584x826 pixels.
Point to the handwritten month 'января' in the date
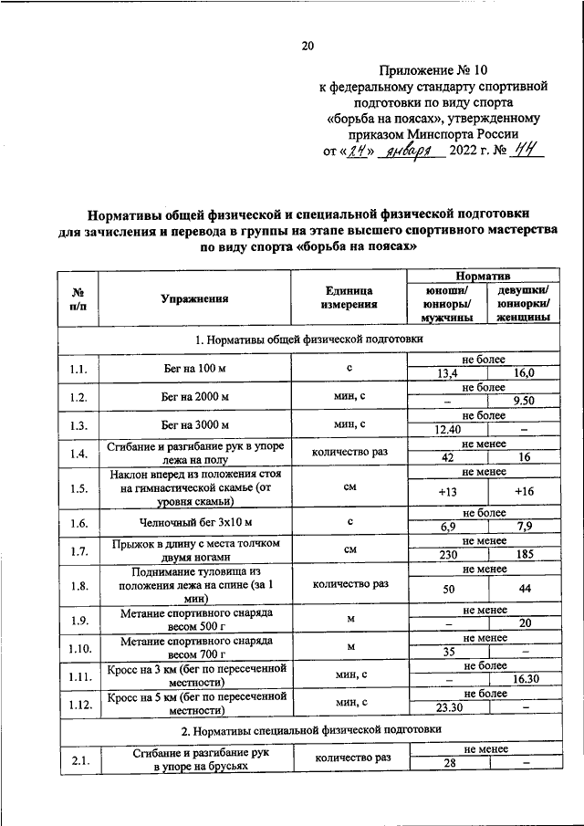tap(413, 152)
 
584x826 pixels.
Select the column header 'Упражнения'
tap(194, 298)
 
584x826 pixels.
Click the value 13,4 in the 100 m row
tap(447, 373)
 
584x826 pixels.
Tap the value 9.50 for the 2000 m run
tap(524, 401)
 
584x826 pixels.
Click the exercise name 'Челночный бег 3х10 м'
tap(194, 523)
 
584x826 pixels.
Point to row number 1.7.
tap(78, 550)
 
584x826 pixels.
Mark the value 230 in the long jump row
tap(447, 555)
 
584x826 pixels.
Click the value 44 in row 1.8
tap(524, 590)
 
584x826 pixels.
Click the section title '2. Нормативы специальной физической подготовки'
tap(310, 730)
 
